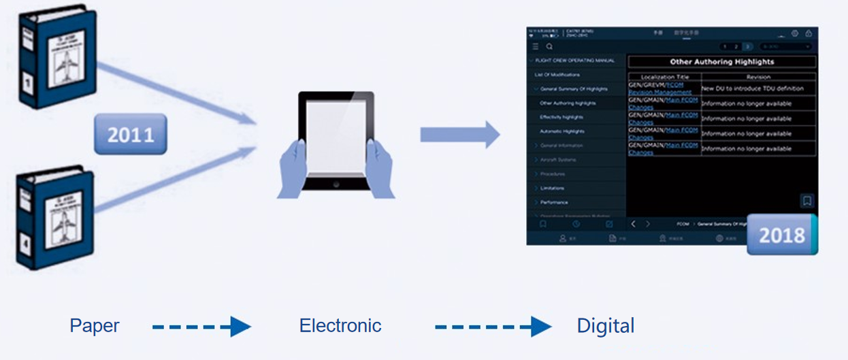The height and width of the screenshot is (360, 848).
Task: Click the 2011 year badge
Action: tap(130, 134)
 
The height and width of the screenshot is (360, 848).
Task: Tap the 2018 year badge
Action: tap(781, 235)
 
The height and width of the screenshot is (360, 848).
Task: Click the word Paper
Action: tap(95, 326)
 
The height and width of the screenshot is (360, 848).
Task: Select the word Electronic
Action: tap(340, 326)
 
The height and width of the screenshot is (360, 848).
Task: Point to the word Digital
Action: tap(606, 326)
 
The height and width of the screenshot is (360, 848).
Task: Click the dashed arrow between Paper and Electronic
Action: tap(201, 327)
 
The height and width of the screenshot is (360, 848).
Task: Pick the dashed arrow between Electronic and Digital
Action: tap(493, 327)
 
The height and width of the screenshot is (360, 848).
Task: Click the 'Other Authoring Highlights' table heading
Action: tap(721, 62)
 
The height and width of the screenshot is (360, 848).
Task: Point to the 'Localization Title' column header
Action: tap(664, 77)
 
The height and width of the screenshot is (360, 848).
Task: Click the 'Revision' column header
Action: tap(758, 77)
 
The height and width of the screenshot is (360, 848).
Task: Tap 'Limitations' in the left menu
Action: tap(553, 188)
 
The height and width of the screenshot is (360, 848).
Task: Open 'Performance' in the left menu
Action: tap(554, 202)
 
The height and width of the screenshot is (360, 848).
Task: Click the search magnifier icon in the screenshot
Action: tap(549, 46)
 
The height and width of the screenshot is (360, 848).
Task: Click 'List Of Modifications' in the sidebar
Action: tap(557, 75)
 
